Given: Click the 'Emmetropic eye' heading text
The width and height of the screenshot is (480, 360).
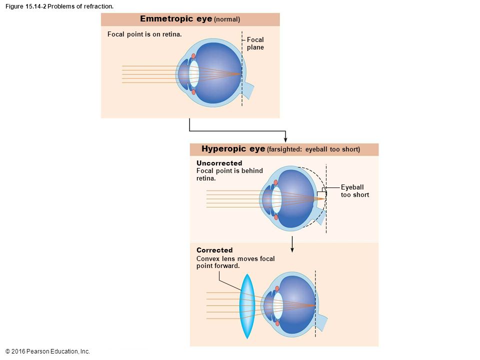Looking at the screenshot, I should [176, 19].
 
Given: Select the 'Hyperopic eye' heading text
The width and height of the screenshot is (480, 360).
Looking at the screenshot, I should [233, 149].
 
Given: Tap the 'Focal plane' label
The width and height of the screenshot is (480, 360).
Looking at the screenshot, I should [255, 43].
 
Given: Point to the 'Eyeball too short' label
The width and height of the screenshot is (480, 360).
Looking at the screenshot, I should [354, 191].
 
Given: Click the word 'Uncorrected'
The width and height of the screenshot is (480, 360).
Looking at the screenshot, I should [219, 163].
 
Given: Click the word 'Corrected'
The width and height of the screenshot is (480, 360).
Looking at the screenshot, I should [214, 250].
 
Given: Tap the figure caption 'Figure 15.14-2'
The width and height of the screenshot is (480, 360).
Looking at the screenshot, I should [25, 6].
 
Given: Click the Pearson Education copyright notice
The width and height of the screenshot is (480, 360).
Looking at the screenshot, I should [47, 351].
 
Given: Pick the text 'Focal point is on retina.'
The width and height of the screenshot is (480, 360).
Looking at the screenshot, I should [144, 34].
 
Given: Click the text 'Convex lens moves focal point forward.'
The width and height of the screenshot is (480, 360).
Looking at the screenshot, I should [235, 262].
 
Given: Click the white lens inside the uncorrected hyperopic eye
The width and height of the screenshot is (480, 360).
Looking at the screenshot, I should [276, 198].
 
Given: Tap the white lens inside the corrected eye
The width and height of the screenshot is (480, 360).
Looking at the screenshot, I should [278, 305].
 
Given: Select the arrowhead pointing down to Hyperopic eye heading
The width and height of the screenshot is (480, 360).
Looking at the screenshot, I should [285, 138].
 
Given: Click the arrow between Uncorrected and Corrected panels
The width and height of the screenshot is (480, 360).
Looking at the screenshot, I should [292, 243].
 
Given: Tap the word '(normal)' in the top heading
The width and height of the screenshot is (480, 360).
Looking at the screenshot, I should [227, 19].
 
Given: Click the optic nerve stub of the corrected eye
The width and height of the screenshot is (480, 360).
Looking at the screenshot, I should [322, 323].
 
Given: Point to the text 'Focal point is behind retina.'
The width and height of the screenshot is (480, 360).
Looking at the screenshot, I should [229, 174].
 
